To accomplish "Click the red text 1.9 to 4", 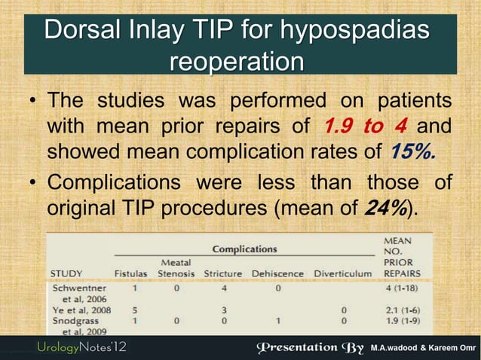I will pos(363,125).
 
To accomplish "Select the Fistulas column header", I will pos(130,273).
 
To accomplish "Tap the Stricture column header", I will pos(223,273).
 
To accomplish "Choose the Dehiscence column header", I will pos(278,273).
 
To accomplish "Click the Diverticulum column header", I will pos(344,273).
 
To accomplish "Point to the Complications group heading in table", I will pos(244,249).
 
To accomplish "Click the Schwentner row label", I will pos(78,287).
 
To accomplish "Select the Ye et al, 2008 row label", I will pos(82,310).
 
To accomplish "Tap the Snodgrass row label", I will pos(76,320).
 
